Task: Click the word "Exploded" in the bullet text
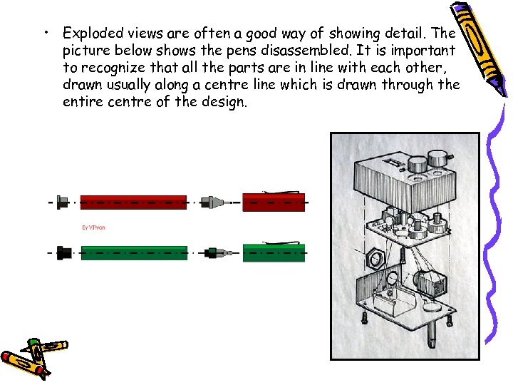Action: (x=90, y=32)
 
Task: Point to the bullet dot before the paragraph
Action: (x=46, y=33)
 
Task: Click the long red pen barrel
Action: (x=133, y=202)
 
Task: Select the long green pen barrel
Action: (x=134, y=252)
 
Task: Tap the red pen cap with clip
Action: (x=274, y=202)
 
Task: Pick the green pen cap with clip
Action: (x=274, y=252)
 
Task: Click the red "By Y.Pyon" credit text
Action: (x=93, y=228)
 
